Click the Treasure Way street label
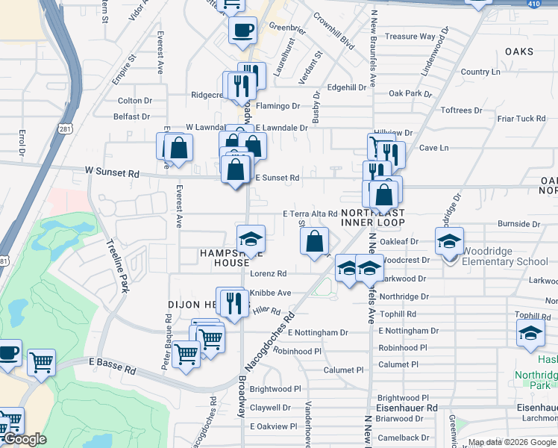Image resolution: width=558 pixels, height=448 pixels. [x=410, y=37]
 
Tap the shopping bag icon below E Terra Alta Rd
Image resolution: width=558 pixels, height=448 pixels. [x=315, y=241]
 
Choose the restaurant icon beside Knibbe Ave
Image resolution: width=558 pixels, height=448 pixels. [x=235, y=302]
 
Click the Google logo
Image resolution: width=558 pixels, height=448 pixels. [x=25, y=439]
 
